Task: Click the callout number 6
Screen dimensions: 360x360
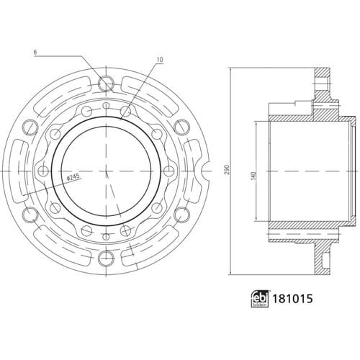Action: click(x=35, y=53)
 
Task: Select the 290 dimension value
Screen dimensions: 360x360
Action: click(x=228, y=169)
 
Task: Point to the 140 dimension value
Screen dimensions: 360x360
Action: click(x=254, y=176)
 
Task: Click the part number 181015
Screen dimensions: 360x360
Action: click(x=292, y=299)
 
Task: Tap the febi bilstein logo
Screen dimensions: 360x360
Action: click(x=260, y=299)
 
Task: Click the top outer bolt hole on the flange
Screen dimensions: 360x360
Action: click(x=106, y=84)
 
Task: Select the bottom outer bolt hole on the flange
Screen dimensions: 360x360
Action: click(x=106, y=258)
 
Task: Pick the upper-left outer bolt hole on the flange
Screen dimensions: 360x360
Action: click(x=30, y=127)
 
